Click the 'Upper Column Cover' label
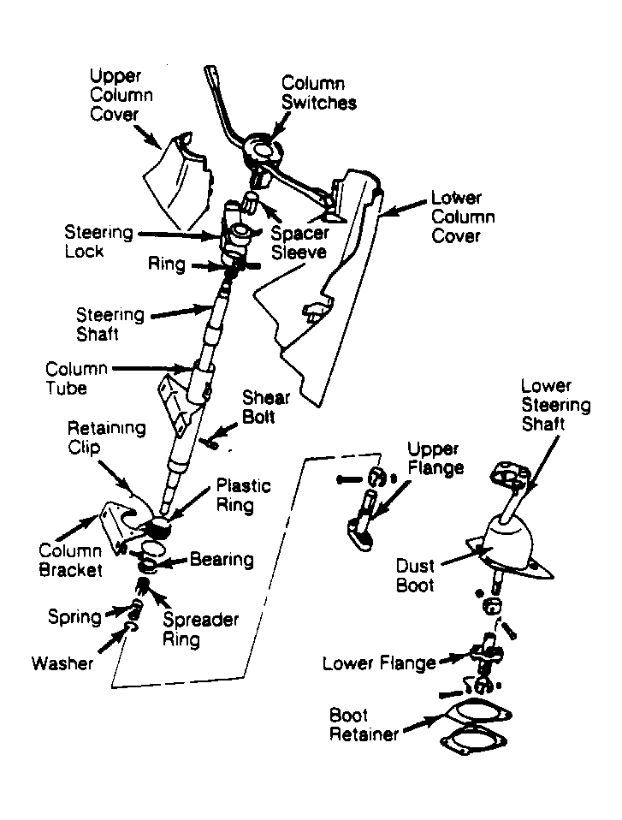(x=121, y=95)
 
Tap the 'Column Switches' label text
(x=319, y=93)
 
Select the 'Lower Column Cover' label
(x=463, y=217)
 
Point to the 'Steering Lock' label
(x=98, y=241)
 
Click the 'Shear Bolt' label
(x=265, y=407)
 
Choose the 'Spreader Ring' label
(x=201, y=629)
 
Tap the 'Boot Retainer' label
(x=364, y=724)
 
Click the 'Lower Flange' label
(x=379, y=663)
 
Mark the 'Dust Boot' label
(x=415, y=575)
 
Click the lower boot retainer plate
(x=473, y=741)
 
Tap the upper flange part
(x=364, y=523)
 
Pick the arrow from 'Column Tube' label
(x=152, y=368)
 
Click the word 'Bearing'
(x=222, y=560)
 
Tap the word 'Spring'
(x=74, y=617)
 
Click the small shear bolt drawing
(x=209, y=443)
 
